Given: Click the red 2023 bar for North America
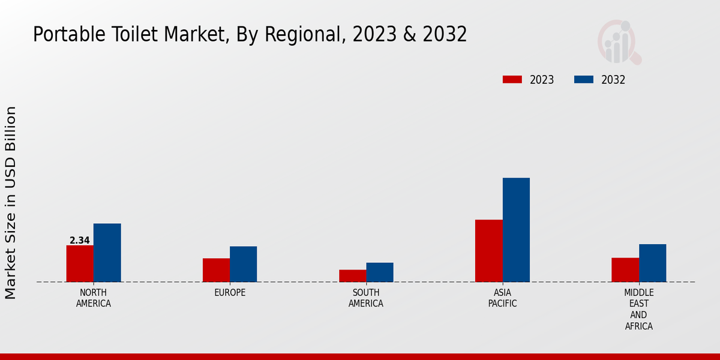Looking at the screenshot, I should click(80, 263).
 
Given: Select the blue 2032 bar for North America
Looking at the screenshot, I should click(107, 253).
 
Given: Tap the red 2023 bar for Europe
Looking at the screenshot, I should click(216, 270).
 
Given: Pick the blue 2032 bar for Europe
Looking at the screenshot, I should click(243, 264).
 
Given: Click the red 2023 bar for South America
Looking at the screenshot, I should click(352, 275).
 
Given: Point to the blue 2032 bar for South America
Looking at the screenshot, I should click(380, 272).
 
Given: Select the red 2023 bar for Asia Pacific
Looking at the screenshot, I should click(488, 251).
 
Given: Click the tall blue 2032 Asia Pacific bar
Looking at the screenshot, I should click(516, 230).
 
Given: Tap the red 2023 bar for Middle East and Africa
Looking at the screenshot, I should click(625, 269).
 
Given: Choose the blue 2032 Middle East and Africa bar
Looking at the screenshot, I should click(652, 263).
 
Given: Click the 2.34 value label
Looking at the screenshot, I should click(80, 241).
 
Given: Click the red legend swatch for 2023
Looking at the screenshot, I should click(512, 80).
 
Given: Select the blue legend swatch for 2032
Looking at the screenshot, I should click(584, 80).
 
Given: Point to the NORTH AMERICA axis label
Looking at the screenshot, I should click(94, 298).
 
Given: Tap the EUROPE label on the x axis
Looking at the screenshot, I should click(230, 293).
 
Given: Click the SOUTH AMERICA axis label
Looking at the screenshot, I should click(366, 298).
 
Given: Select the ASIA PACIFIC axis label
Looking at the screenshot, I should click(502, 298).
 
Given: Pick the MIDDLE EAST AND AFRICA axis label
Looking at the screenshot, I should click(638, 310).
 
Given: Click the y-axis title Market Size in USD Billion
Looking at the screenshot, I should click(11, 203).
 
